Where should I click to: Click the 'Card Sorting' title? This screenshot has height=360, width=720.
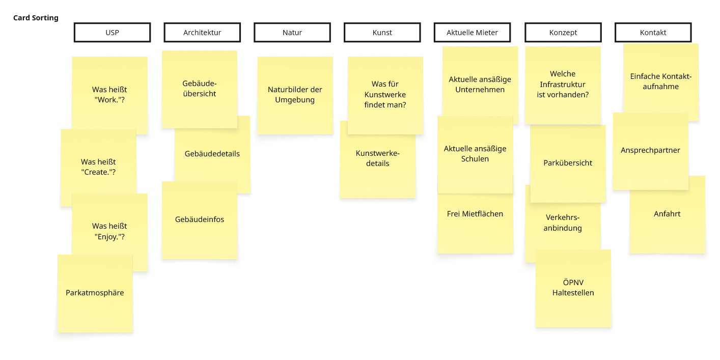36,18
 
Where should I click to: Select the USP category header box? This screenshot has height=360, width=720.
112,33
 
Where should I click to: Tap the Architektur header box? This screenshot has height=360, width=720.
202,33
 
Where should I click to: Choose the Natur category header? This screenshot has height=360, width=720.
292,33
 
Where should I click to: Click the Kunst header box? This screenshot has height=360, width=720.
382,33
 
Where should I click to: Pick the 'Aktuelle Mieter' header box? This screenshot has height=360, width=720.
472,33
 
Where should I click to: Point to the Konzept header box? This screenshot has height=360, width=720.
563,33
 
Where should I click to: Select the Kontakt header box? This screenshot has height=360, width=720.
653,33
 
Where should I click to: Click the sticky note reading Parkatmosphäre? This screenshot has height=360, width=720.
95,293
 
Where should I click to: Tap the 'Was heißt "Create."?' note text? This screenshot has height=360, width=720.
98,167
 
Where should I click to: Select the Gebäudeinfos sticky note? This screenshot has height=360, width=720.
200,220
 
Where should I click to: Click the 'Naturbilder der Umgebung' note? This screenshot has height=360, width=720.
295,95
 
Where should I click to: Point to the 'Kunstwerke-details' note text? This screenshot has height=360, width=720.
378,158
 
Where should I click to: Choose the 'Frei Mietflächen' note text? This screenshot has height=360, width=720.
475,214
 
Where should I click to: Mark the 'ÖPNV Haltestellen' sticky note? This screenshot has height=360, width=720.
573,288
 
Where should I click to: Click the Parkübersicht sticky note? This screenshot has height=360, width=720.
568,163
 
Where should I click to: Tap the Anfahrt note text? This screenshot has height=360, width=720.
667,214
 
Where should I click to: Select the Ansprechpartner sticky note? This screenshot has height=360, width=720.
651,151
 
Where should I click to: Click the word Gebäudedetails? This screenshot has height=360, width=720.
212,154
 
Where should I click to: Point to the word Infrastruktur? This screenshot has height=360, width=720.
563,84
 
